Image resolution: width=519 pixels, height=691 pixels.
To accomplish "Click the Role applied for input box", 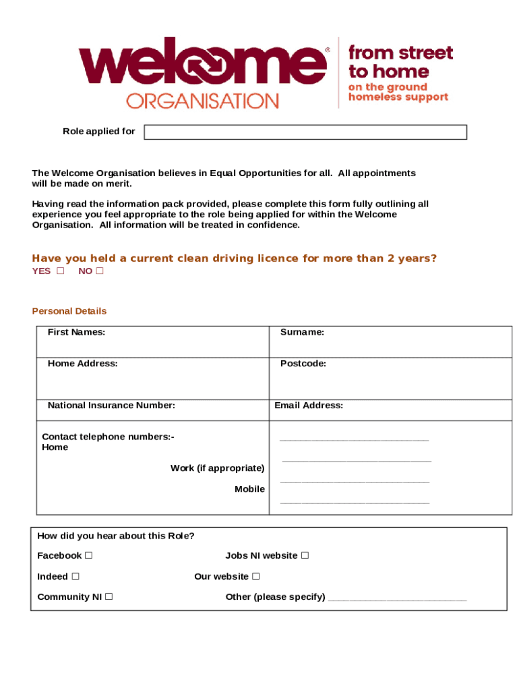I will click(x=305, y=132).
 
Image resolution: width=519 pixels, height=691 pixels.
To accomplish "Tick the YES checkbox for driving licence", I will click(x=61, y=271).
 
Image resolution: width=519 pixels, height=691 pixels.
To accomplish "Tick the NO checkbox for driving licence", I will click(x=100, y=271).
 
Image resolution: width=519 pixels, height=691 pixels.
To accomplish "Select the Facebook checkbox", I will click(x=89, y=555).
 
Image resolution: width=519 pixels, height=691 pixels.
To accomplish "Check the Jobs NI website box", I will click(x=305, y=555).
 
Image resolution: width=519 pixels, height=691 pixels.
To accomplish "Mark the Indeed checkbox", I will click(x=75, y=576).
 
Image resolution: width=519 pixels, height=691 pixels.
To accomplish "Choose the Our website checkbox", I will click(x=256, y=576).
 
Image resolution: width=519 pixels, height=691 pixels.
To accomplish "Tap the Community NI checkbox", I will click(x=109, y=597).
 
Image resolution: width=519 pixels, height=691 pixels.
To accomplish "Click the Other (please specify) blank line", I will click(x=397, y=598).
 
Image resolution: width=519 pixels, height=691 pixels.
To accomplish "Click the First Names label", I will click(x=76, y=332).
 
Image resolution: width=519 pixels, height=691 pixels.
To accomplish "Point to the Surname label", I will click(x=302, y=332).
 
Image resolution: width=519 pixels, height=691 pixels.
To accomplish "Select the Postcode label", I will click(x=303, y=363).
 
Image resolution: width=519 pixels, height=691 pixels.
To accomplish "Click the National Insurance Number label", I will click(x=111, y=406).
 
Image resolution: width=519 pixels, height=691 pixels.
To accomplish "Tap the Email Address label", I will click(x=309, y=406).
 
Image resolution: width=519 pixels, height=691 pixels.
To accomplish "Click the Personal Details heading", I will click(x=69, y=311).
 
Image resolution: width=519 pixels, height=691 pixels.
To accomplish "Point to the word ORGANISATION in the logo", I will click(x=202, y=101).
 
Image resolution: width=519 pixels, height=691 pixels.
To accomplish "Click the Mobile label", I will click(x=249, y=489).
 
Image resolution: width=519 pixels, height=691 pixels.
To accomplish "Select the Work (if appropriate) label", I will click(x=217, y=468).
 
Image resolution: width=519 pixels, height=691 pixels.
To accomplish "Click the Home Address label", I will click(x=82, y=363).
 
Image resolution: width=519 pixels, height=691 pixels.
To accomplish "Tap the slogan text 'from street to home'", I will click(x=400, y=62).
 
